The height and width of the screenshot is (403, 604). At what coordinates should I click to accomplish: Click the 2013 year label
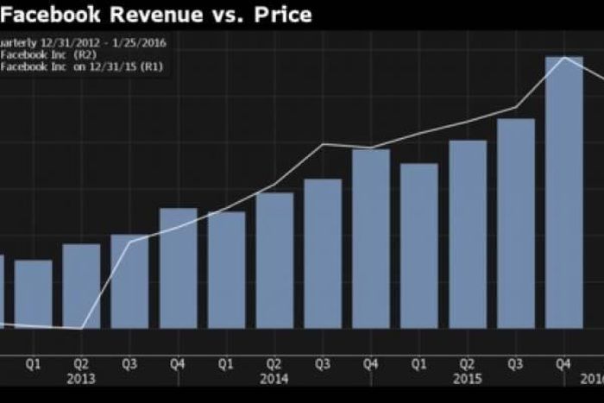79,378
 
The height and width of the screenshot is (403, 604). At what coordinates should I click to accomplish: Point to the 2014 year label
274,378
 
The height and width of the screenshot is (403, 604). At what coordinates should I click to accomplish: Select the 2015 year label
467,378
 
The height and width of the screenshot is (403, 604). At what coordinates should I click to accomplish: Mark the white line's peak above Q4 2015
564,57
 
